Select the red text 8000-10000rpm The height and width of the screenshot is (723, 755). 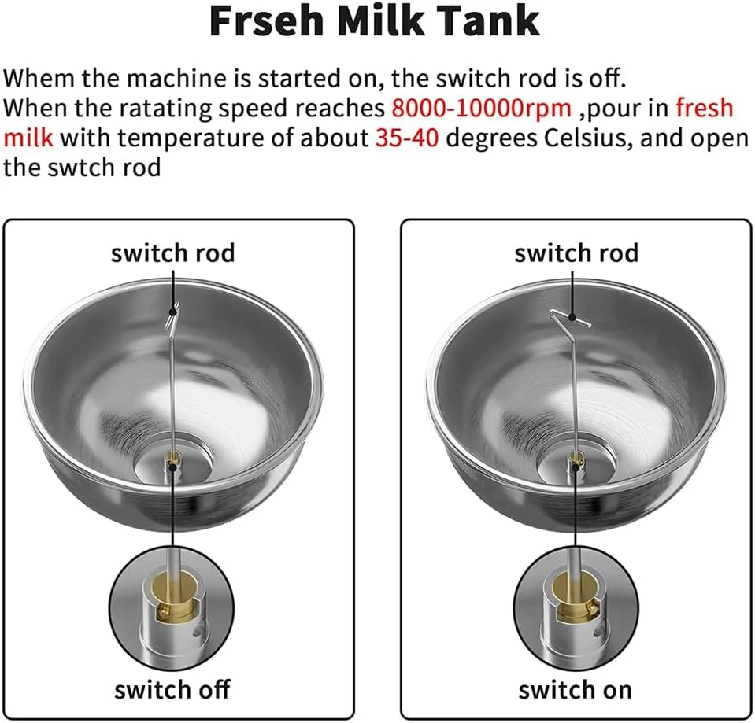482,109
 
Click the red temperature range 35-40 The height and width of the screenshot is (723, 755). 407,138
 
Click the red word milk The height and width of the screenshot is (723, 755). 28,138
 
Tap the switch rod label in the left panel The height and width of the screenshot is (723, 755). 173,253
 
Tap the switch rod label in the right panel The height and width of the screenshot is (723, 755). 576,253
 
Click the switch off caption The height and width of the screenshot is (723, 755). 172,689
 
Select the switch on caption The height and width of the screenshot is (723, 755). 576,689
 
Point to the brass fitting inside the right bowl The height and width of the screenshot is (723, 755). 576,460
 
